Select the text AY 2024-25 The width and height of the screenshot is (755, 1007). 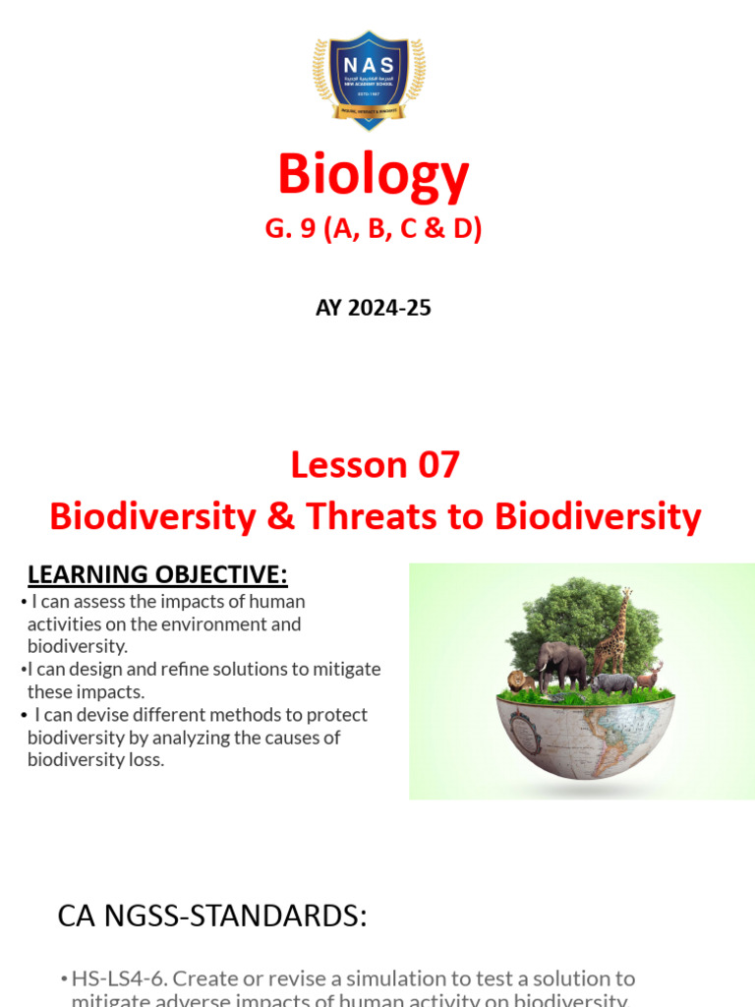tap(373, 308)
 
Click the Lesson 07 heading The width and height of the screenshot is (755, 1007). tap(375, 464)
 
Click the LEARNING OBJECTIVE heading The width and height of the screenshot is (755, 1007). tap(157, 574)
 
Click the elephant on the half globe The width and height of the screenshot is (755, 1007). tap(560, 663)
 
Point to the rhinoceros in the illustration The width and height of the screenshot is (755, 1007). tap(614, 682)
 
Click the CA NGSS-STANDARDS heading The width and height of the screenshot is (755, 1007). tap(212, 917)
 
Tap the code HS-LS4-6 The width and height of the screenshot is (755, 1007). tap(116, 978)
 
